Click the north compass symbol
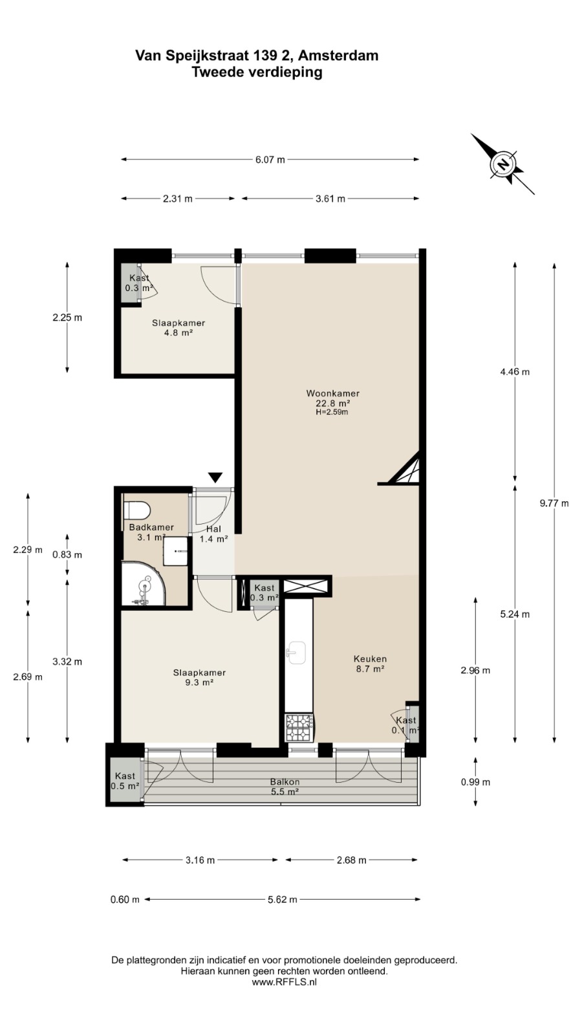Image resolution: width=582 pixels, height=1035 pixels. coord(503,164)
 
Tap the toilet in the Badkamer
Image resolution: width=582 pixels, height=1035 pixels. coord(136,510)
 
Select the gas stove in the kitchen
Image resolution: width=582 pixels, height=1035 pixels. coord(299,728)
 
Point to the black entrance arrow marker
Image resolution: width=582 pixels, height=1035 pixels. coord(215,477)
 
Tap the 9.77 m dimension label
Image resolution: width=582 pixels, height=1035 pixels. coord(554,503)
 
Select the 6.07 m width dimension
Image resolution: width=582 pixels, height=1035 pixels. coord(270,160)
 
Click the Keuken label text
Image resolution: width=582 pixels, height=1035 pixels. coord(370,659)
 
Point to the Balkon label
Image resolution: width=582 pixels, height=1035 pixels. coord(285,782)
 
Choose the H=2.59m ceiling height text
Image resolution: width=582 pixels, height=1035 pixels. coord(332,412)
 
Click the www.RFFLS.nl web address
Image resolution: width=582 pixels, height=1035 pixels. coord(284,983)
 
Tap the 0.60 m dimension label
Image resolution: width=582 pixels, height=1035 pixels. coord(125,899)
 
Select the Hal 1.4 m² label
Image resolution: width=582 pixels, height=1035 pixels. coord(213,534)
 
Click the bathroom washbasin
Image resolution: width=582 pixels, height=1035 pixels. coord(175,550)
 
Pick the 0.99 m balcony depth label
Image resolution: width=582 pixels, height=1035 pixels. coord(476,782)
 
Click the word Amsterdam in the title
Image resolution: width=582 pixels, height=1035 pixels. coord(338,56)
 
